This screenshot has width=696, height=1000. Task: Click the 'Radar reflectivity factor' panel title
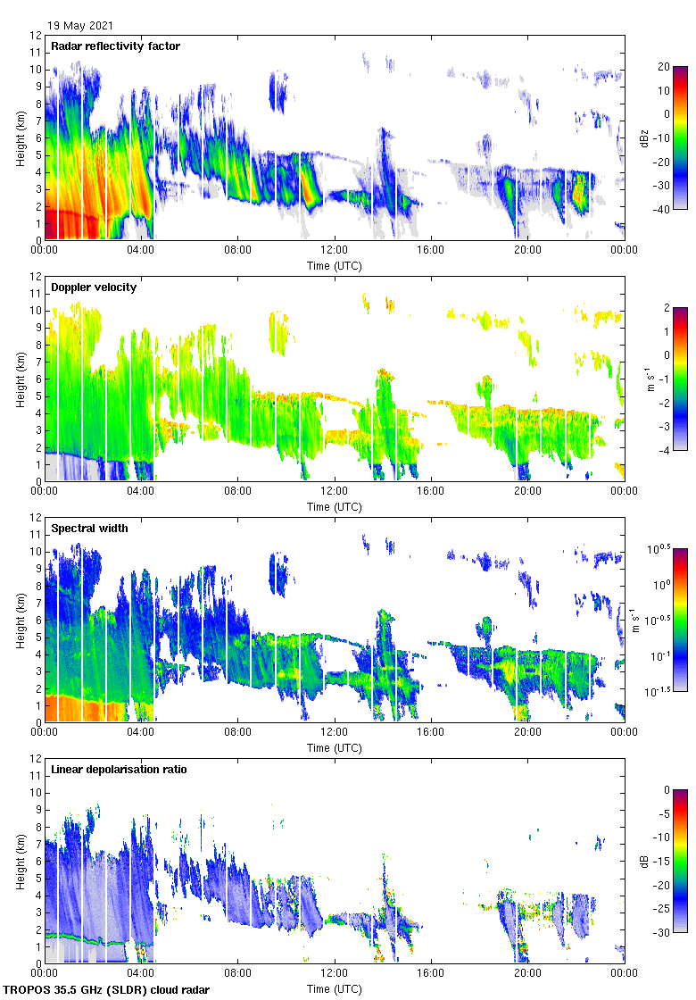click(x=115, y=46)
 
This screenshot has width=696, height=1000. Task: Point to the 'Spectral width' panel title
click(x=91, y=529)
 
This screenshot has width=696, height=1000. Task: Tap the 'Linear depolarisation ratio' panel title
click(x=119, y=770)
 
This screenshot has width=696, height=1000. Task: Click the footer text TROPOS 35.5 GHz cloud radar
click(x=108, y=990)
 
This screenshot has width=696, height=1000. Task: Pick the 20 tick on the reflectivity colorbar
click(x=664, y=67)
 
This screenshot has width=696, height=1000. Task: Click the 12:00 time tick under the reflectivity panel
click(x=335, y=251)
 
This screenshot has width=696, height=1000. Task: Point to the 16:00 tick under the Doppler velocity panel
click(x=431, y=492)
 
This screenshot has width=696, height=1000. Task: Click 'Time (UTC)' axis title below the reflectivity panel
click(x=335, y=265)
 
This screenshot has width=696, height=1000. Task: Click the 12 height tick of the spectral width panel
click(x=36, y=518)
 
